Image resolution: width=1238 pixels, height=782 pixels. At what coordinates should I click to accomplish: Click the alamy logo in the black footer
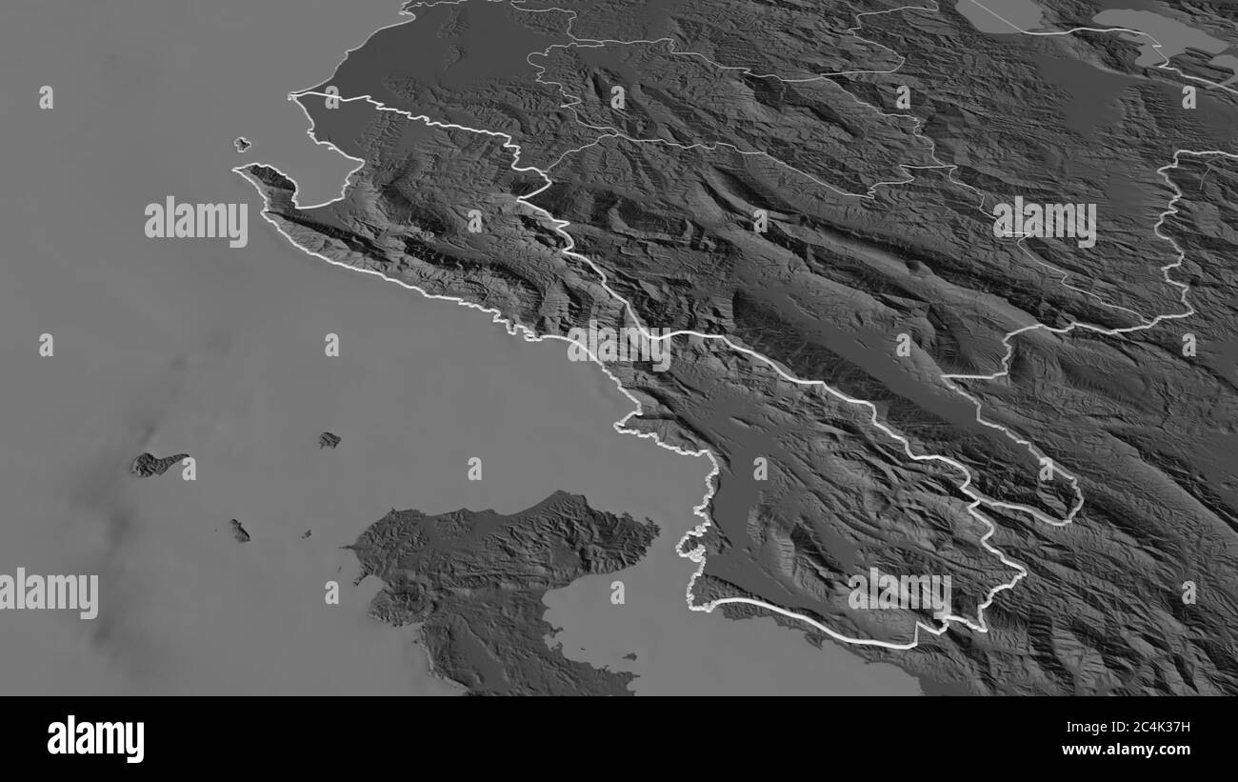pos(95,739)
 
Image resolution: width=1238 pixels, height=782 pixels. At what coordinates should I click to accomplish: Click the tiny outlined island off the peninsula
pos(242,144)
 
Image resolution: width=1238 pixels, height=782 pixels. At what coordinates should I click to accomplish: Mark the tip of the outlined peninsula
pos(240,170)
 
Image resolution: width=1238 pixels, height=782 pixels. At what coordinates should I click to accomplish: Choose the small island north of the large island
pos(329,439)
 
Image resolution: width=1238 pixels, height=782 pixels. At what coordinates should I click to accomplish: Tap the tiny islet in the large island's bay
pos(630,655)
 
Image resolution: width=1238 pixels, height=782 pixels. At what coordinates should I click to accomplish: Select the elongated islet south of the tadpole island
pos(240,531)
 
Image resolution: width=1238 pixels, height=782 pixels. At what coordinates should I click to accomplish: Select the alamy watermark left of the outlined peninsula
pos(196,222)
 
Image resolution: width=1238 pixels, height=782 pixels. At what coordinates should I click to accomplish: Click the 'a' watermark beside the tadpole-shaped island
pos(189,469)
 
